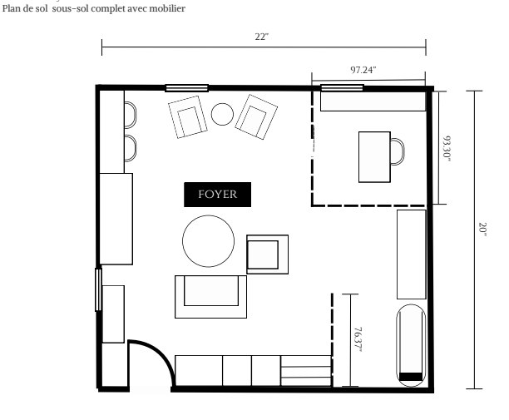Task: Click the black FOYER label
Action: (217, 195)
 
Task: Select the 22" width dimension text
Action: (262, 37)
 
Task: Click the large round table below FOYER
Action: (209, 240)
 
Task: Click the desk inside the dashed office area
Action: (373, 156)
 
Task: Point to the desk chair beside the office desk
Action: (398, 151)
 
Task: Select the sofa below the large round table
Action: (210, 295)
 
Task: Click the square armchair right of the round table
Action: (267, 253)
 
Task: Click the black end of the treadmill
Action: (411, 377)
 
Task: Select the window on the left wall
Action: (99, 289)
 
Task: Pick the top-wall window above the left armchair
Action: (186, 87)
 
